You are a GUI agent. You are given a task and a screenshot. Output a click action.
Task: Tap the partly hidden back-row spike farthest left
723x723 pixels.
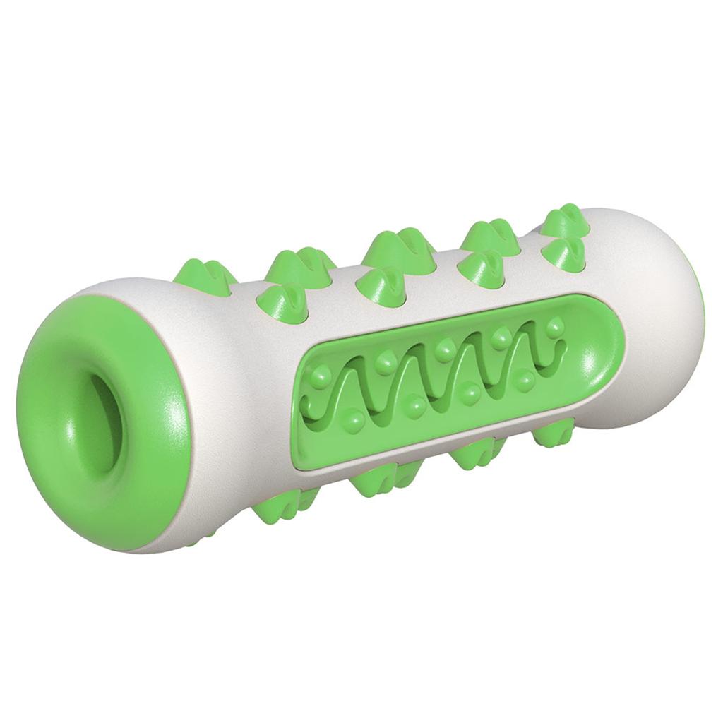212,271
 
